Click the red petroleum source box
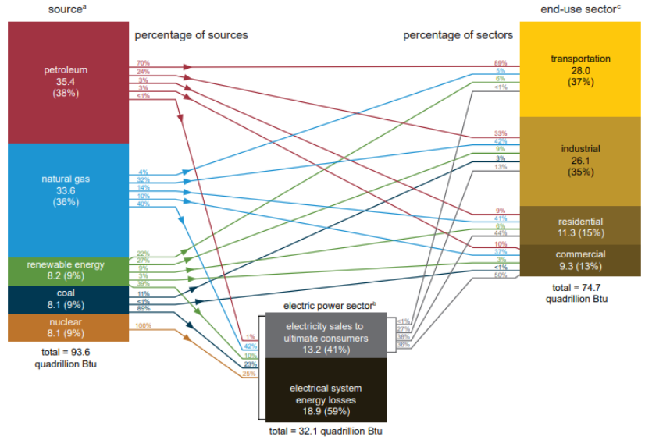coord(66,82)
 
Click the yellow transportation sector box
coord(580,70)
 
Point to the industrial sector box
coord(580,160)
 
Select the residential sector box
coord(580,226)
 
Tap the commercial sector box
coord(580,260)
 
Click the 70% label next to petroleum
coord(143,62)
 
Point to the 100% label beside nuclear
coord(143,325)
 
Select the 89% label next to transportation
coord(501,62)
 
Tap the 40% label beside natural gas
coord(143,204)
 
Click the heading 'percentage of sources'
coord(191,35)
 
